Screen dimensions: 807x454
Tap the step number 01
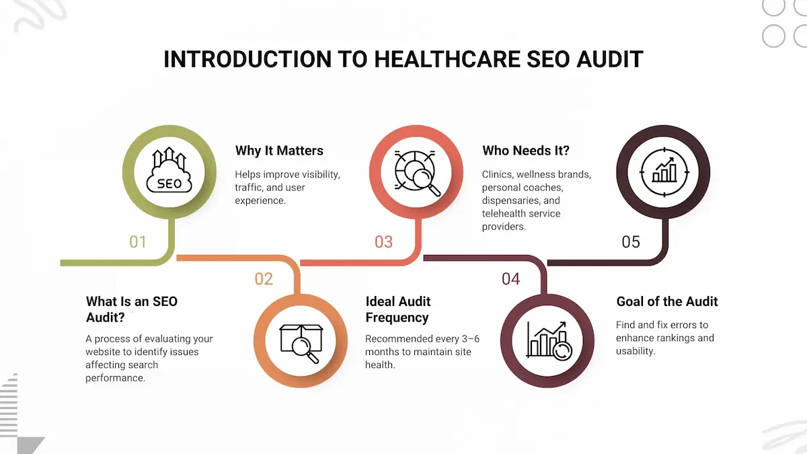coord(138,241)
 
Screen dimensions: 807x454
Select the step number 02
coord(264,278)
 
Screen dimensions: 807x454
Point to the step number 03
coord(383,241)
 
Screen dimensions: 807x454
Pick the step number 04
coord(511,278)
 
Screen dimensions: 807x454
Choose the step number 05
coord(631,241)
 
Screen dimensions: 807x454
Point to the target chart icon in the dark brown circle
coord(663,172)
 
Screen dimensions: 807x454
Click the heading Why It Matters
coord(279,151)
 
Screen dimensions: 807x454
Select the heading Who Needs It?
coord(526,151)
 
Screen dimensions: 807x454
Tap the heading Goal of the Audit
coord(667,301)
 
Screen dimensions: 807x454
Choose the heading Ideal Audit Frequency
coord(398,309)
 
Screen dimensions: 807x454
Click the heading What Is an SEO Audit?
coord(132,309)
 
